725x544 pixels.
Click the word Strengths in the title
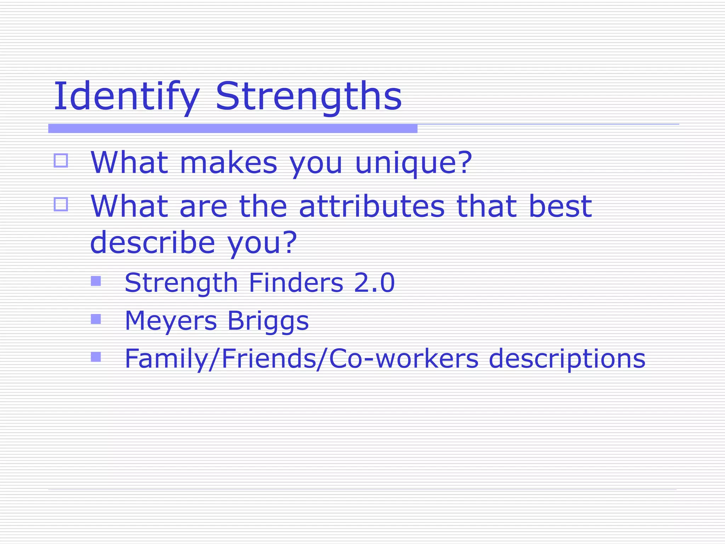click(x=308, y=96)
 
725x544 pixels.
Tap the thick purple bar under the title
click(x=233, y=129)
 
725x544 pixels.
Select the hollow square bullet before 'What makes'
click(x=61, y=160)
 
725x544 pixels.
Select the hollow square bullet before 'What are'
click(x=61, y=204)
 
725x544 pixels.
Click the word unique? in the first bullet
click(x=413, y=163)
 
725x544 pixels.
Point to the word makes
click(x=228, y=163)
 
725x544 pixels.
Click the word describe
click(x=153, y=243)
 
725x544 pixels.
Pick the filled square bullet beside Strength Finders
click(x=96, y=281)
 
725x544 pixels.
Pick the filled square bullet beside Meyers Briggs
click(x=96, y=319)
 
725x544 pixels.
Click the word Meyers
click(x=171, y=321)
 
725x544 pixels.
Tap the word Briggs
click(x=268, y=321)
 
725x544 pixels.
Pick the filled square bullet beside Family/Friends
click(x=96, y=357)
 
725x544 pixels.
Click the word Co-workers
click(x=404, y=358)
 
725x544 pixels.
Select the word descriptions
click(x=567, y=358)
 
